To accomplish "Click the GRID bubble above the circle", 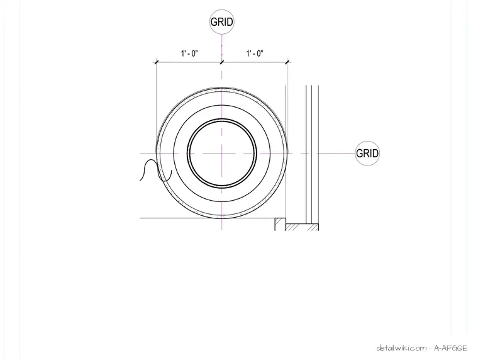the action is pyautogui.click(x=221, y=21).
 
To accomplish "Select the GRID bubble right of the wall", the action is pyautogui.click(x=367, y=153).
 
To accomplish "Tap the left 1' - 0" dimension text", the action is pyautogui.click(x=189, y=53).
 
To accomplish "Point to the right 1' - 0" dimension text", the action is pyautogui.click(x=255, y=53).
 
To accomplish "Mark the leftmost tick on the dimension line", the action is pyautogui.click(x=157, y=62).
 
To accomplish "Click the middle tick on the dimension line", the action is pyautogui.click(x=221, y=62).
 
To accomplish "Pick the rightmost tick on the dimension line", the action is pyautogui.click(x=287, y=62).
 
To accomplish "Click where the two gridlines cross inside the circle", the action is pyautogui.click(x=221, y=153).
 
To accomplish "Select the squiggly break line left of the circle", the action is pyautogui.click(x=156, y=170).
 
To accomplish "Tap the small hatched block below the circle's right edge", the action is pyautogui.click(x=280, y=224).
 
